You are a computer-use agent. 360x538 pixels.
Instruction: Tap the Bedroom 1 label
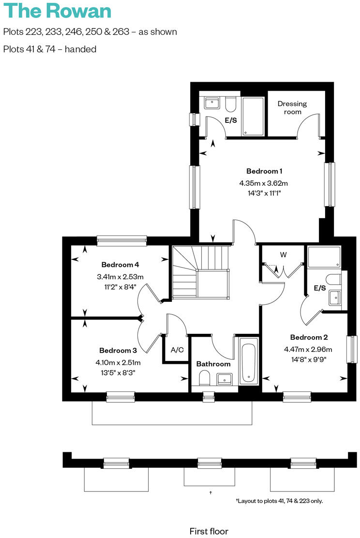pos(264,171)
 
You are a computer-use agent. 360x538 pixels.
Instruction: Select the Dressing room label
pos(292,107)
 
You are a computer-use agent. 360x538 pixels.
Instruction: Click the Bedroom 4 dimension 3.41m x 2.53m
pos(120,277)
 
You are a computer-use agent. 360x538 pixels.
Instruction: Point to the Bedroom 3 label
pos(118,350)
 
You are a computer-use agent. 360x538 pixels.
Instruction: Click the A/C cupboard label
pos(177,350)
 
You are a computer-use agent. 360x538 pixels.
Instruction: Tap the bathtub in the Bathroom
pos(249,362)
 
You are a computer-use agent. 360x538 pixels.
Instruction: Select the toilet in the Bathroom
pos(204,377)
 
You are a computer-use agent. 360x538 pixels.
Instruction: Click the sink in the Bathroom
pos(225,378)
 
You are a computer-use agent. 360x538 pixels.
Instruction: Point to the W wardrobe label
pos(284,254)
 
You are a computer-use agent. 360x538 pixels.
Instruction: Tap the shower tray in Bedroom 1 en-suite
pos(253,117)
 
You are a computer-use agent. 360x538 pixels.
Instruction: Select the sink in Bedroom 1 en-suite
pos(211,103)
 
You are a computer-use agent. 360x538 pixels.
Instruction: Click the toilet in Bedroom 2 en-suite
pos(333,280)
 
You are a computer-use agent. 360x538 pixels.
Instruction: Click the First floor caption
pos(209,531)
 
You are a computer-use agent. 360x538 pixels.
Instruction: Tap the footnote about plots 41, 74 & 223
pos(279,501)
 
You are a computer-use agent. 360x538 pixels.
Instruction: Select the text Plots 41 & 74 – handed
pos(50,49)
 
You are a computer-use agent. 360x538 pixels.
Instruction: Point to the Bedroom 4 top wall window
pos(121,240)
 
